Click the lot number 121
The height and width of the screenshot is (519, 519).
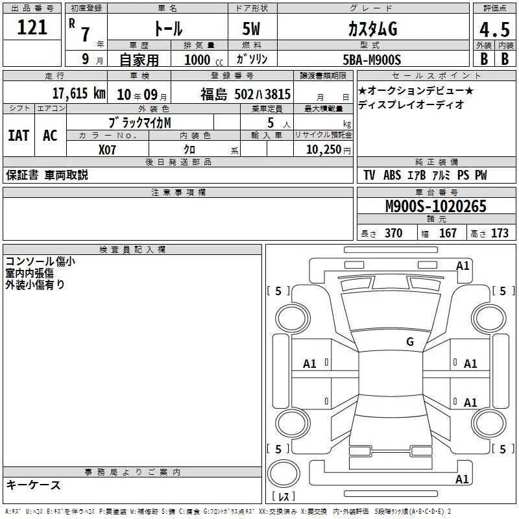click(x=32, y=27)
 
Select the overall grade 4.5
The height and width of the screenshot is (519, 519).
click(x=494, y=29)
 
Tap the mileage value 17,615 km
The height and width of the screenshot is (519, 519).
click(x=78, y=93)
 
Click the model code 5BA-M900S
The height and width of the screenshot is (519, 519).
click(x=372, y=60)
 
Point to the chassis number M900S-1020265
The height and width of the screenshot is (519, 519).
click(x=436, y=206)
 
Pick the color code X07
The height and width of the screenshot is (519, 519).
click(x=107, y=150)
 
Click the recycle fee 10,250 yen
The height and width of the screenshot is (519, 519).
click(x=328, y=150)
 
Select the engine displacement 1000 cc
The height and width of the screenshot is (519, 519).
click(x=204, y=60)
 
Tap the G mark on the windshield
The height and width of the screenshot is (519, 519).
click(x=410, y=342)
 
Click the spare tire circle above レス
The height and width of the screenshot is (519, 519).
click(x=284, y=474)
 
